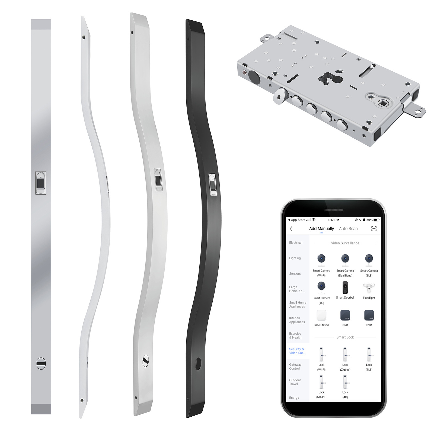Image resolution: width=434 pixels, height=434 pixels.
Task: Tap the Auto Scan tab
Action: [x=348, y=229]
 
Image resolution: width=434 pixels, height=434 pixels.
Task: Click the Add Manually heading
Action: [x=321, y=229]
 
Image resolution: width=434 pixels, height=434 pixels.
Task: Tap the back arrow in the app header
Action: [x=291, y=229]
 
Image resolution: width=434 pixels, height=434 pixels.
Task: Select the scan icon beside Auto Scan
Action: [x=374, y=229]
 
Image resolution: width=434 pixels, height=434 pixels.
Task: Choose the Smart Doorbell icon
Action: [x=345, y=288]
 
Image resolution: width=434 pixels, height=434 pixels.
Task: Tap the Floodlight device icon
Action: [x=369, y=288]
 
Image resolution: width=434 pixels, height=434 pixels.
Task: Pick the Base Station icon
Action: [x=321, y=315]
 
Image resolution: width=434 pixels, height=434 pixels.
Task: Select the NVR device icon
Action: [x=345, y=315]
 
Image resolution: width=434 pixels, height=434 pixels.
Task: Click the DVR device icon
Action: [x=369, y=315]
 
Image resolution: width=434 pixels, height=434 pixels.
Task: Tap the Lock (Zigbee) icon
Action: [x=345, y=355]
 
